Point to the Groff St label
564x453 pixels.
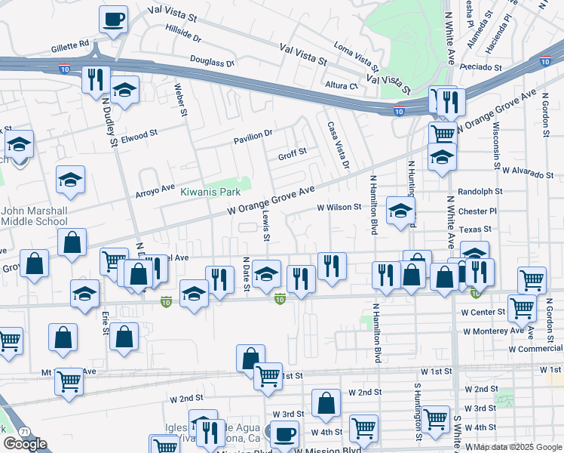(292, 152)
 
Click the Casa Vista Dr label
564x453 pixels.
(338, 145)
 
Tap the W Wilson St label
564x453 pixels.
(339, 206)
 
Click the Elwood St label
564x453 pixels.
(139, 137)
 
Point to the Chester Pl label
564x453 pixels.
(477, 211)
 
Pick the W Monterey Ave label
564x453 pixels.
(493, 331)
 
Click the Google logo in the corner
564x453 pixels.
(25, 444)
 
